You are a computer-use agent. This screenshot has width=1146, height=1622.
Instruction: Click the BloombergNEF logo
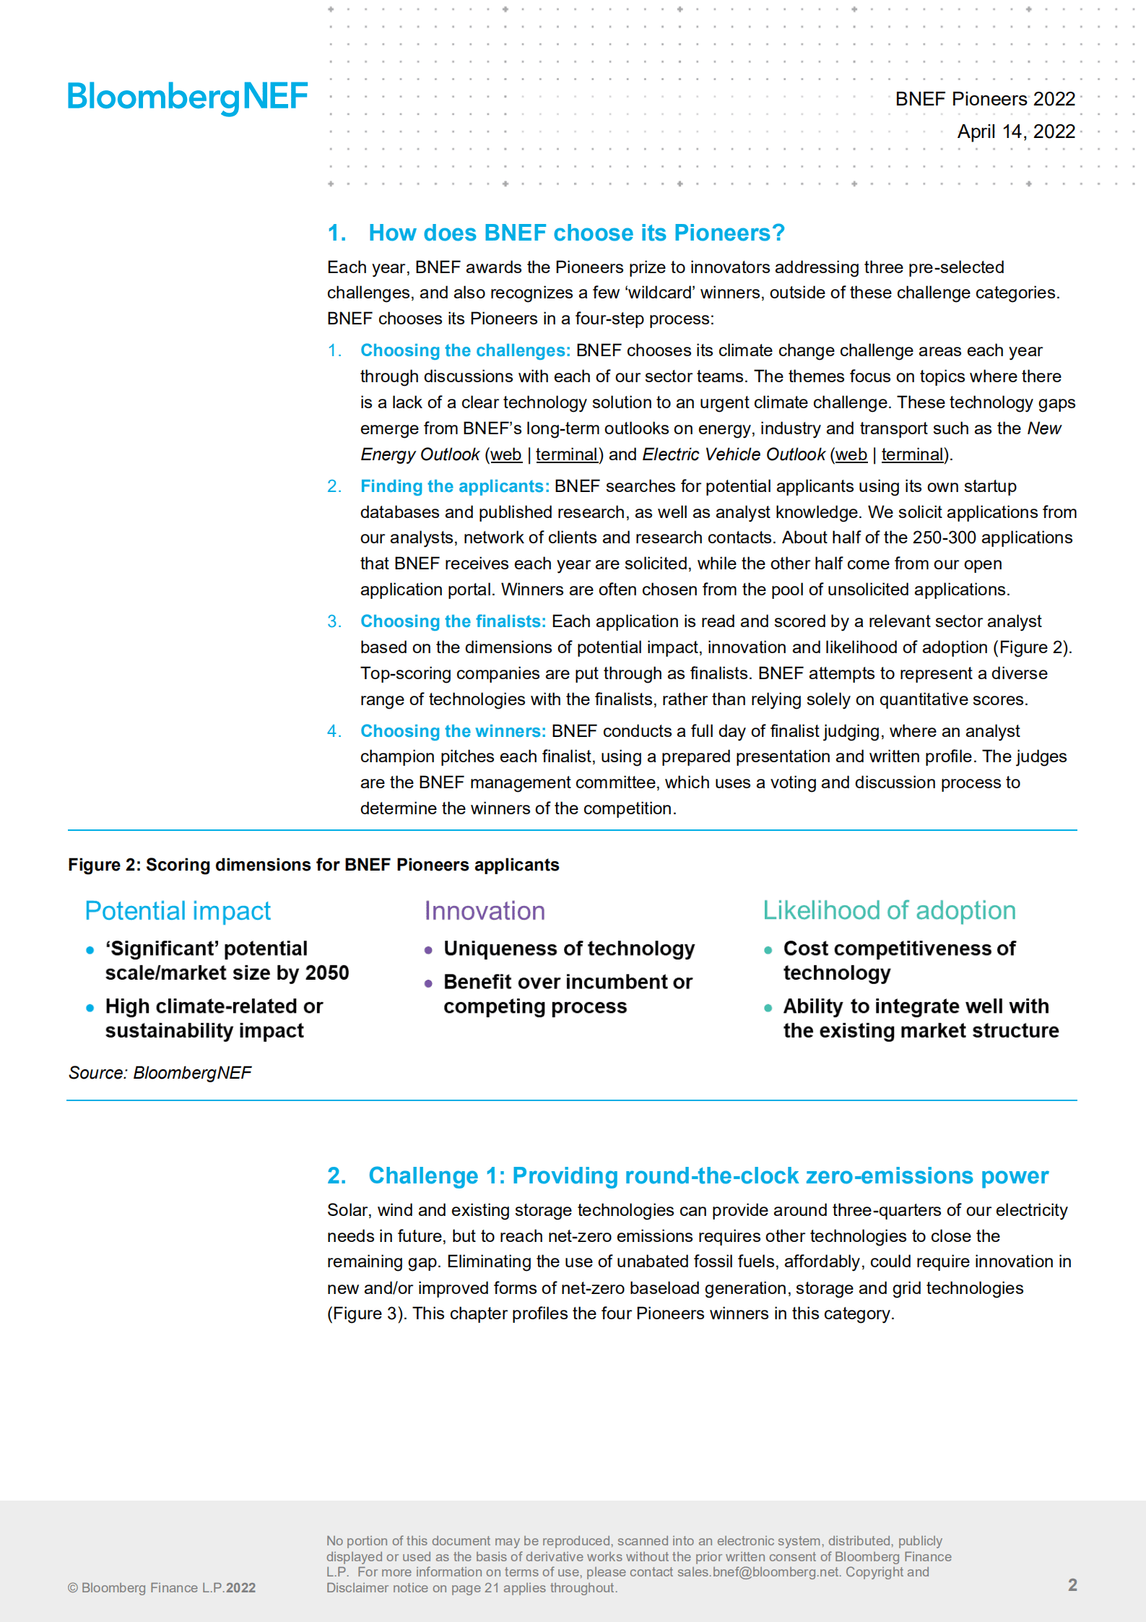187,97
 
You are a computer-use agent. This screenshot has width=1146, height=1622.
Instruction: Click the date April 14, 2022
1015,131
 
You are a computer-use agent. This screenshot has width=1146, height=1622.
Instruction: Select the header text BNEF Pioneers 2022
984,99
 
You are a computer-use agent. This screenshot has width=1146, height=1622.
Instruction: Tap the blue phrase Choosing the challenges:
465,350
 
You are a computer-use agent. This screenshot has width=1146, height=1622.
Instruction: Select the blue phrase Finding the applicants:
455,486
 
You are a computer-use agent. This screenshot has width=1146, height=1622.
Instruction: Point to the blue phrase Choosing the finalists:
453,621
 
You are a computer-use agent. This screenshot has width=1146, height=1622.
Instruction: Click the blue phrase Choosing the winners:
453,731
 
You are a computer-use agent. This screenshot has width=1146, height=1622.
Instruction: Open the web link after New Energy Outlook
505,454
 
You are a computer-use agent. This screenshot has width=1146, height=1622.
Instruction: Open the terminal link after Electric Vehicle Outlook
912,454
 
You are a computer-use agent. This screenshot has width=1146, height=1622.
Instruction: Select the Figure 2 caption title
313,865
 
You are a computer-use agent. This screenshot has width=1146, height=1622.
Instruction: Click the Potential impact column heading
178,911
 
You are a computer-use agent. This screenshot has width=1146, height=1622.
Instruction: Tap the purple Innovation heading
484,911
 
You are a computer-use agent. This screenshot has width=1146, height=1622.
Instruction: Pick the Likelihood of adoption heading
889,910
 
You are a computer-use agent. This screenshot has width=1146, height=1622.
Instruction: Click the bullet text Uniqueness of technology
569,949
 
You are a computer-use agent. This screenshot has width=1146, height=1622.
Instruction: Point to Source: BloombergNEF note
160,1073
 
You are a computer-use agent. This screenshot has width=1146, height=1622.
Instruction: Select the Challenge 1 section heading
708,1175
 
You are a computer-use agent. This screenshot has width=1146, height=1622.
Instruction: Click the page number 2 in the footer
1072,1584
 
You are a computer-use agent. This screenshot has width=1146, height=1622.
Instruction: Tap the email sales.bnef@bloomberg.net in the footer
758,1571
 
